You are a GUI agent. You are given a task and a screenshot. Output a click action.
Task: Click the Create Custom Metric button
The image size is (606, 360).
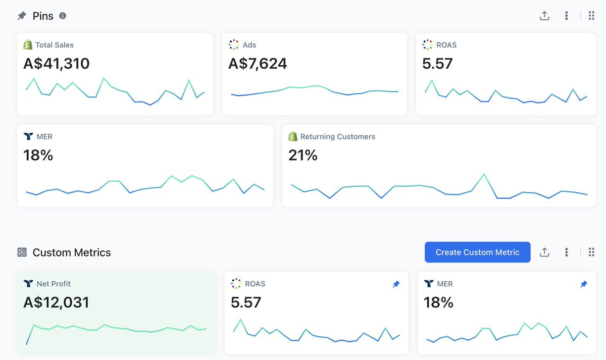[478, 252]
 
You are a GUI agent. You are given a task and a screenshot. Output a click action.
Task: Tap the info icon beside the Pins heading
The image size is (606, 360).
[63, 16]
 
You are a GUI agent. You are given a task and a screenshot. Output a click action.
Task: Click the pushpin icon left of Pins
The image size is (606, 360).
[22, 16]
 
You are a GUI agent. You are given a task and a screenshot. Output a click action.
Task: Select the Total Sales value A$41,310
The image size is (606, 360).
[56, 64]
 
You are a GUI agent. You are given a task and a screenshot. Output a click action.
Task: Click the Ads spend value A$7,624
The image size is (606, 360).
[258, 64]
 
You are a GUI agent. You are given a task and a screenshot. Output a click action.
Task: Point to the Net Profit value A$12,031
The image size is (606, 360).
[56, 302]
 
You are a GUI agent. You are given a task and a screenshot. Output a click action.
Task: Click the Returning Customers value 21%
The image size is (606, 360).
[302, 155]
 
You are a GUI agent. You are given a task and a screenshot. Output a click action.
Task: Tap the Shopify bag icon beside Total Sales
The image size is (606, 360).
[28, 44]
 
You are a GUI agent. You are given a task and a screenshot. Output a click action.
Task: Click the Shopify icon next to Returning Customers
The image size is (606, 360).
[293, 136]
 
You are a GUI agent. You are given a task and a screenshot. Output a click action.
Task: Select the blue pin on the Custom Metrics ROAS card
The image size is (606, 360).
[396, 284]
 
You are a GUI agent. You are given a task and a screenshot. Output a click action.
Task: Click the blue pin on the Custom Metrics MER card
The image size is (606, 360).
[584, 284]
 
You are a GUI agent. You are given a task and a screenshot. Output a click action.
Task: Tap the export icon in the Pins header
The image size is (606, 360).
[544, 16]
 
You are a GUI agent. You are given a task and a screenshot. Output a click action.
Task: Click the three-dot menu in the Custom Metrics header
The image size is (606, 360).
[566, 252]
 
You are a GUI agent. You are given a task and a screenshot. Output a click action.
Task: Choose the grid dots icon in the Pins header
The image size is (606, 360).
[591, 16]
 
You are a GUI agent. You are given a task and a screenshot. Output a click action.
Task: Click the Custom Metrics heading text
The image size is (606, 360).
[72, 252]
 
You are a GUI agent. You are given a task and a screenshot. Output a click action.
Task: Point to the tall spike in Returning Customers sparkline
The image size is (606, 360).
[484, 174]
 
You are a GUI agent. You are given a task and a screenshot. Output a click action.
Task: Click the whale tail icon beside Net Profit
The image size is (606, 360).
[28, 283]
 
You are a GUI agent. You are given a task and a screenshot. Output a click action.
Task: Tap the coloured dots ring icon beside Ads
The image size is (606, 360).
[234, 44]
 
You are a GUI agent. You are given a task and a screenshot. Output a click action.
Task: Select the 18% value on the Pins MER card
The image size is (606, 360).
[38, 155]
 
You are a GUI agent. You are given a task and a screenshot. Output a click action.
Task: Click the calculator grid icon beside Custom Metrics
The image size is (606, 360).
[22, 252]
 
